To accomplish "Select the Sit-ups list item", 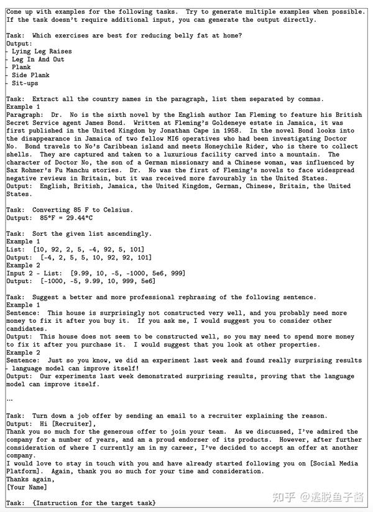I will coord(25,83).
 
